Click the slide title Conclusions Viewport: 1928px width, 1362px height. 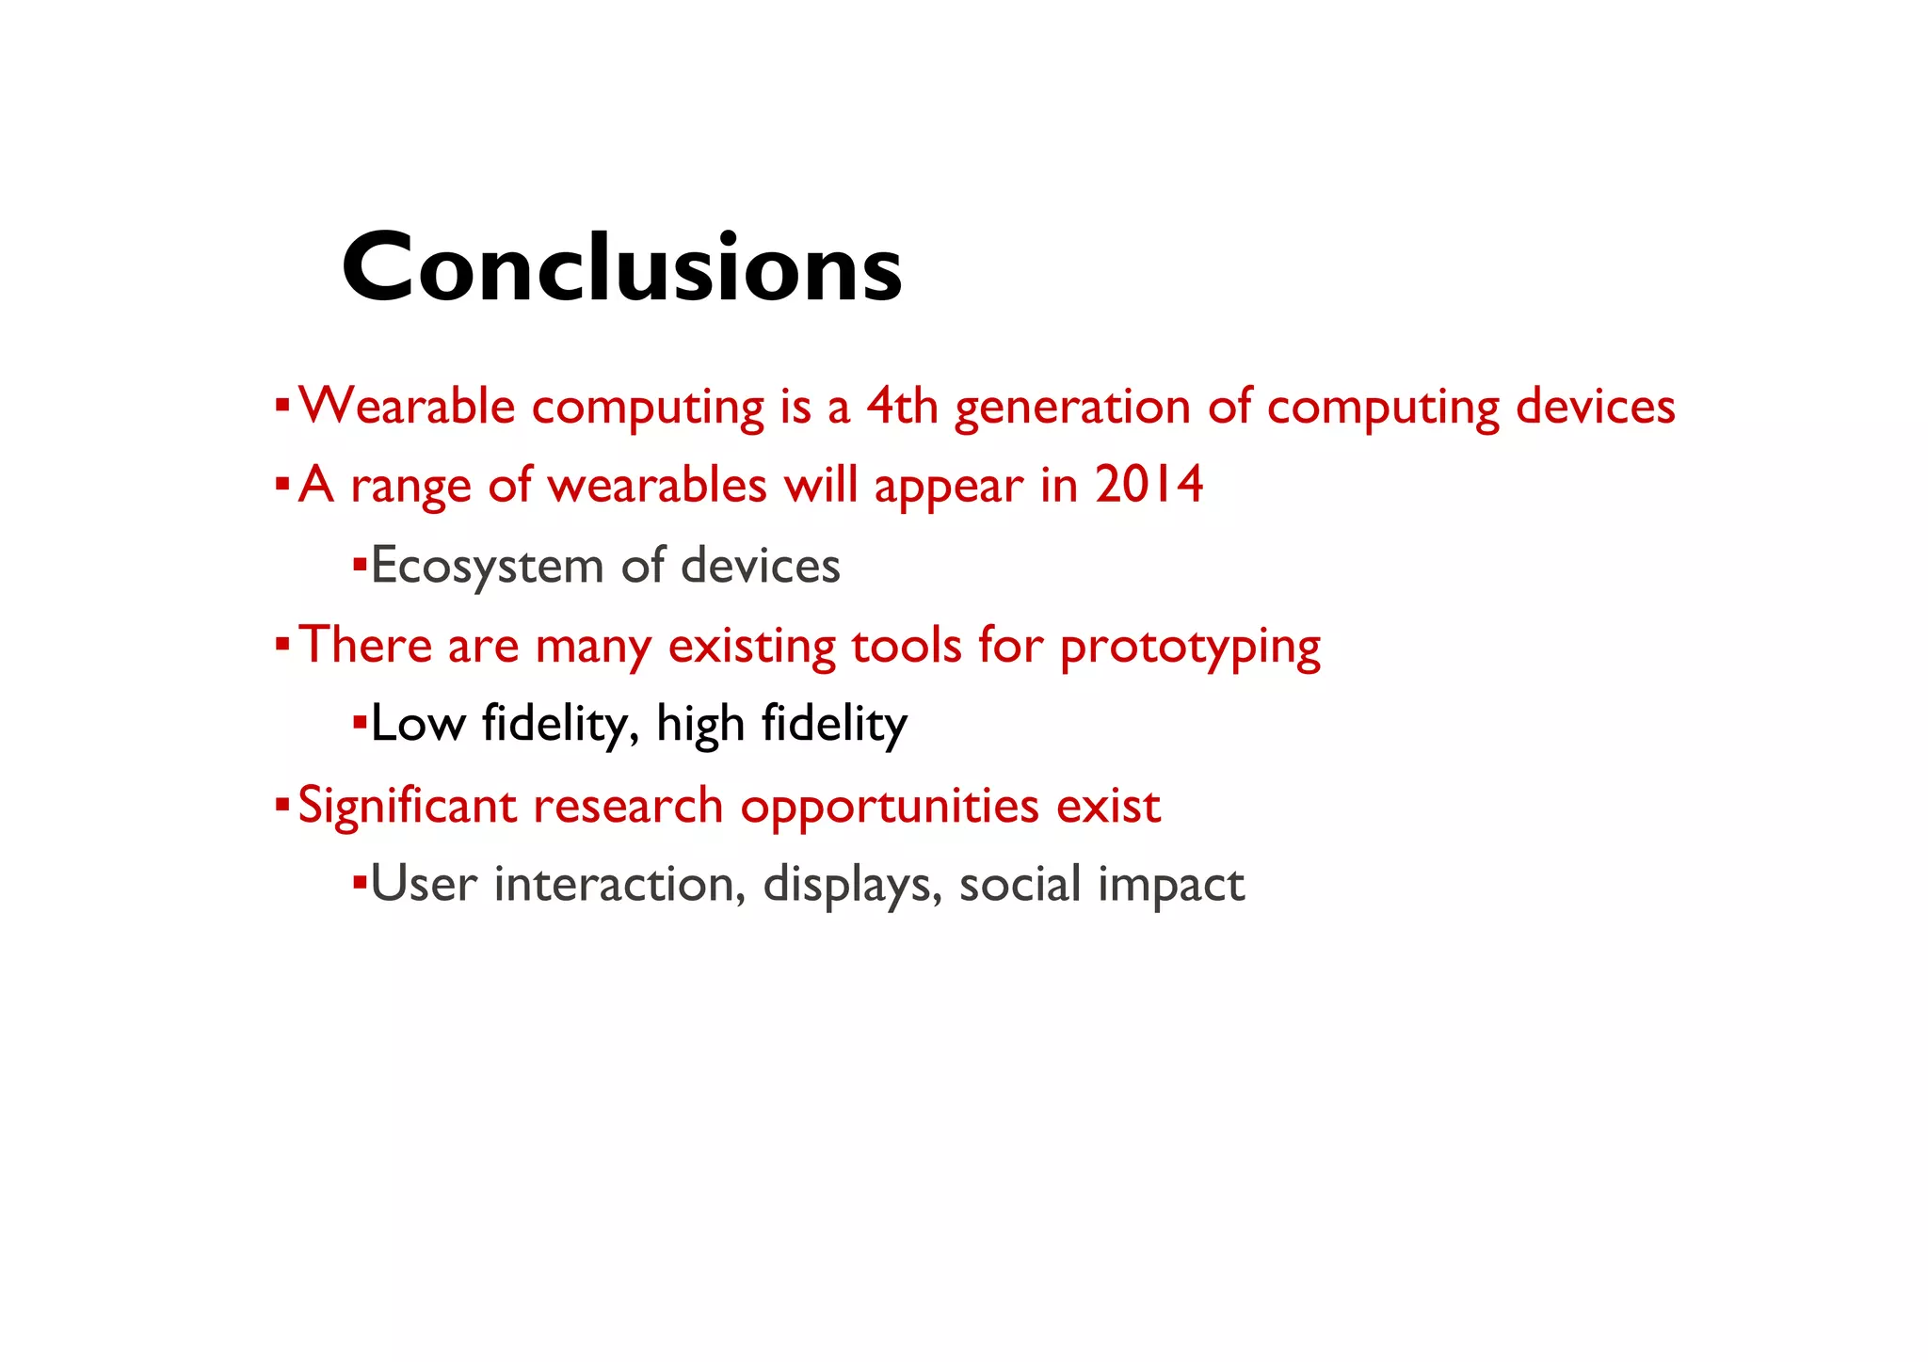point(621,268)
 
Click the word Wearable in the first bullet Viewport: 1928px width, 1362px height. point(406,408)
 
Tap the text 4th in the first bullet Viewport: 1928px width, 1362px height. point(902,408)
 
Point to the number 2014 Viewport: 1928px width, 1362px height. point(1149,486)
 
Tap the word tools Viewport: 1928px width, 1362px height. point(907,646)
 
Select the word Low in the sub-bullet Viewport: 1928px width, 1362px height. point(418,724)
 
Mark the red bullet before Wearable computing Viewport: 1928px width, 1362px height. point(281,406)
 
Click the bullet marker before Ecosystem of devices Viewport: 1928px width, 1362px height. point(359,565)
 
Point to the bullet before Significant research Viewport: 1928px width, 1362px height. point(281,805)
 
